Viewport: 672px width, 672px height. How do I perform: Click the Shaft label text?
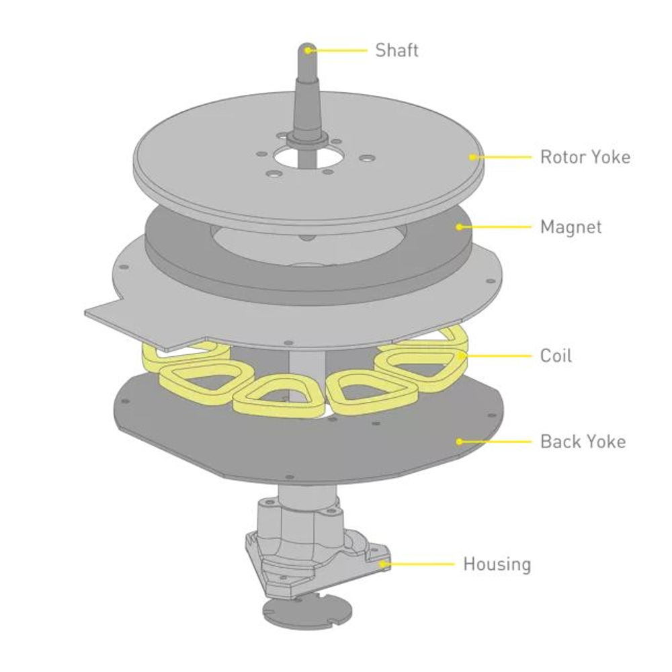pos(396,50)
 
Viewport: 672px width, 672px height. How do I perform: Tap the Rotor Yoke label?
pos(585,157)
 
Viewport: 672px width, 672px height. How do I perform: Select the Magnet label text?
pos(571,227)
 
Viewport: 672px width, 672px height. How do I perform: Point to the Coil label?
pos(556,355)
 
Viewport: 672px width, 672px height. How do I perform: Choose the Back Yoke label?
pos(583,442)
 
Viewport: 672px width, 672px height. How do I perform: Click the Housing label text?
pos(497,564)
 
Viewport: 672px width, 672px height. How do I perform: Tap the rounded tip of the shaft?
pos(307,48)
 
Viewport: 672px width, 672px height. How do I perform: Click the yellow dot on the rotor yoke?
pos(472,157)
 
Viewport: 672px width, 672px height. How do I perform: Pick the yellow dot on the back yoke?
pos(460,442)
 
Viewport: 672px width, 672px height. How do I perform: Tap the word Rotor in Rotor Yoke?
pos(562,157)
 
